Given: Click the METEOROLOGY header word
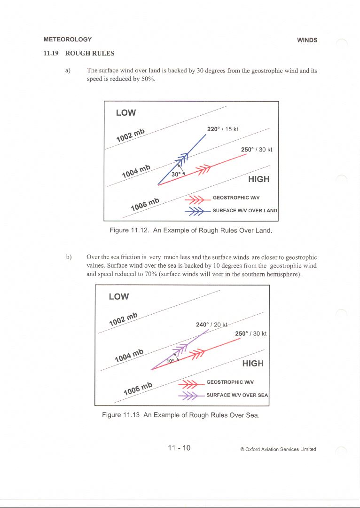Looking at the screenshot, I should tap(67, 40).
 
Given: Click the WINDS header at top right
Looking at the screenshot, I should tap(307, 40).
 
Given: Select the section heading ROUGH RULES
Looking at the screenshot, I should tap(90, 53).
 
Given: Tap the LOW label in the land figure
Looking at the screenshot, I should tap(126, 112).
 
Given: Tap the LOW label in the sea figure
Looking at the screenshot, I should tap(119, 296).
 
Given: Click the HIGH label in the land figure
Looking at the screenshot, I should tap(258, 179).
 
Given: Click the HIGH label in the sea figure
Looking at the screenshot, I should tap(253, 363).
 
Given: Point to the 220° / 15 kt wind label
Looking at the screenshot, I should tap(223, 129).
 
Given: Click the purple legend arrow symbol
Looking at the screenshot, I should tap(190, 395).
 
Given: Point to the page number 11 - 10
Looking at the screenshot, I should tap(180, 448).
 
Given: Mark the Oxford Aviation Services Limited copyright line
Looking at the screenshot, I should tap(278, 449).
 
